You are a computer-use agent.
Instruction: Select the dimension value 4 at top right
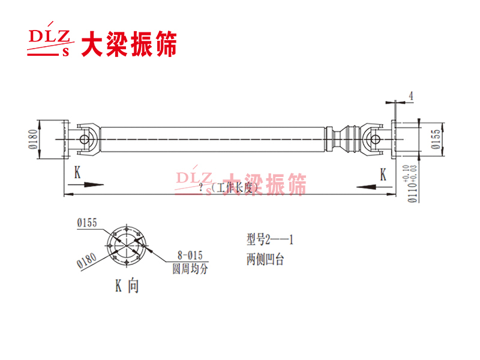(410, 95)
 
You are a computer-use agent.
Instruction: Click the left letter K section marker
(77, 173)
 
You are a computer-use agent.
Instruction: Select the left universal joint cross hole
(86, 139)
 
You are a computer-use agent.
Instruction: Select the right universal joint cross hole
(376, 139)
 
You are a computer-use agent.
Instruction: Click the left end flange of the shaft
(63, 139)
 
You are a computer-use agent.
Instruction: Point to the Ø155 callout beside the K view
(87, 223)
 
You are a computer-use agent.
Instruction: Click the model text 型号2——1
(269, 240)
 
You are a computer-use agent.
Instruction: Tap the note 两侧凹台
(264, 261)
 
